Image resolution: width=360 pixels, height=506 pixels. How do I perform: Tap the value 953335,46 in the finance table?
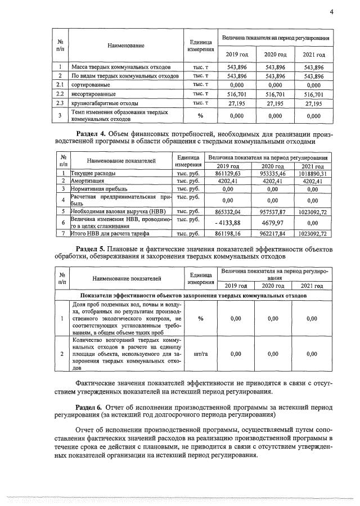point(272,174)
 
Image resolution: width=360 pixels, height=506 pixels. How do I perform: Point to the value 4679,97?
point(272,222)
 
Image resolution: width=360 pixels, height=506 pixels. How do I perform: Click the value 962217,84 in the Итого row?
point(272,233)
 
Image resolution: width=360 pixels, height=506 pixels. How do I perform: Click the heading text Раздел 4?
point(91,134)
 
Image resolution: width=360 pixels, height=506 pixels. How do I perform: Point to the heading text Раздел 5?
point(91,249)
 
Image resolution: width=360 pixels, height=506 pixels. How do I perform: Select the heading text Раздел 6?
point(91,405)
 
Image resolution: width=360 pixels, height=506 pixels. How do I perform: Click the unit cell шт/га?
point(201,354)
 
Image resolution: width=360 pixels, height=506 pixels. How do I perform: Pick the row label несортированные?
point(93,94)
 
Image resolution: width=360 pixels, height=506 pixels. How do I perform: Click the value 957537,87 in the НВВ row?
point(272,210)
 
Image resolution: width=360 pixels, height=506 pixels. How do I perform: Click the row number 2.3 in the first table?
point(60,104)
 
